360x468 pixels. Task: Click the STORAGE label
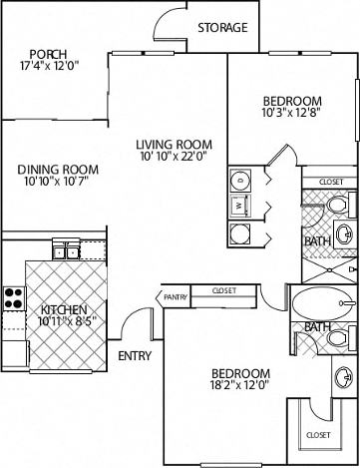click(x=221, y=28)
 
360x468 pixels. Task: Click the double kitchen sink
click(x=65, y=250)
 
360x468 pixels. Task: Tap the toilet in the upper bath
click(x=336, y=207)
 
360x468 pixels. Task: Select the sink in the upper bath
click(x=343, y=235)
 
